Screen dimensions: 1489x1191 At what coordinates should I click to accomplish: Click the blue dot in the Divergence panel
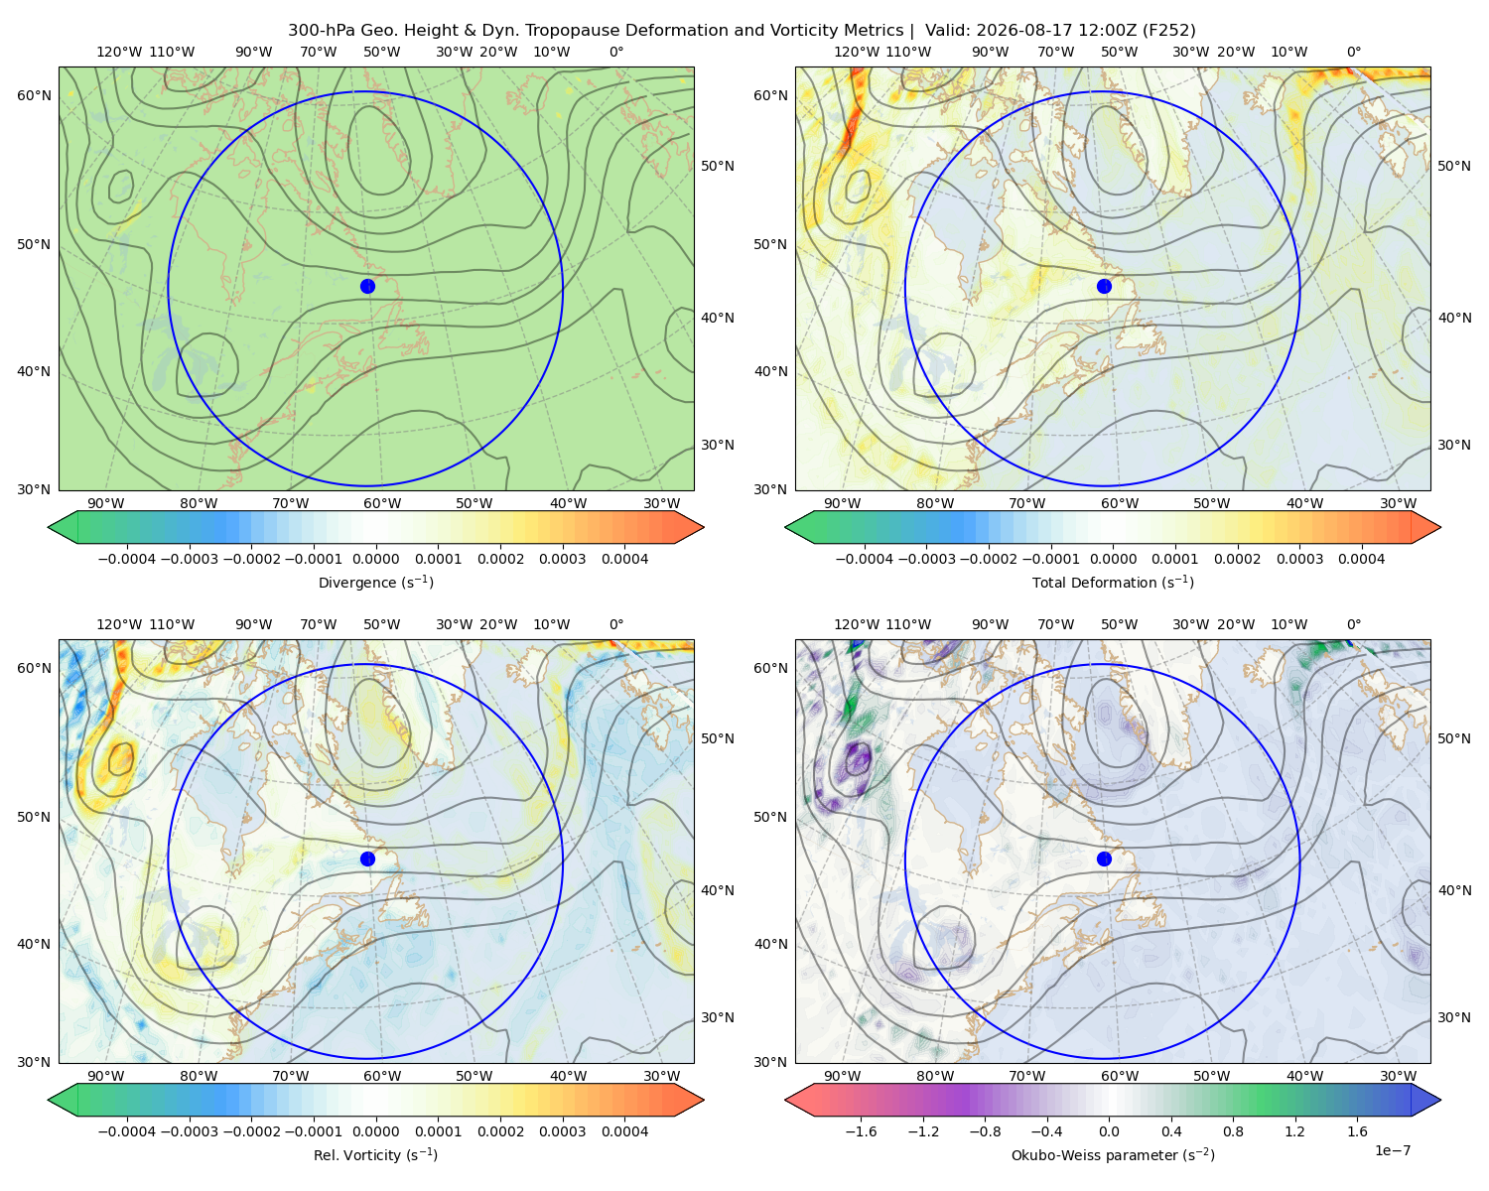pyautogui.click(x=367, y=287)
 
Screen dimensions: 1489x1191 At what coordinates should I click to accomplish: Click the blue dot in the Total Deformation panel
pyautogui.click(x=1104, y=287)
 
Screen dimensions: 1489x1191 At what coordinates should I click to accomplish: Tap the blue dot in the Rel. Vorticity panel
pyautogui.click(x=367, y=859)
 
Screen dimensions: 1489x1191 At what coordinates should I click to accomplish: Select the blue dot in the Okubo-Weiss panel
pyautogui.click(x=1104, y=859)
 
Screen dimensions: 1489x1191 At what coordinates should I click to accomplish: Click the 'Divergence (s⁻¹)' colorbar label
pyautogui.click(x=375, y=583)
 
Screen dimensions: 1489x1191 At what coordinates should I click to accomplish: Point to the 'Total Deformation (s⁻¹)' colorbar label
pyautogui.click(x=1113, y=583)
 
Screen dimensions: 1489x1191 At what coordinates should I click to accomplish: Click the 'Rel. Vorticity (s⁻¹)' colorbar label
pyautogui.click(x=375, y=1155)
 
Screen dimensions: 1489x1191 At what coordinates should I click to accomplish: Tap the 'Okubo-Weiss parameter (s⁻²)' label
pyautogui.click(x=1113, y=1155)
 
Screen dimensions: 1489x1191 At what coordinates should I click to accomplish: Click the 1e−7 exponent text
pyautogui.click(x=1392, y=1151)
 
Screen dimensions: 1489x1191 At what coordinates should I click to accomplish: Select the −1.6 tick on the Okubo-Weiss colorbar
pyautogui.click(x=861, y=1131)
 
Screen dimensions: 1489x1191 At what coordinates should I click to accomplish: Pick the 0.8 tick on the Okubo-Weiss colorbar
pyautogui.click(x=1233, y=1131)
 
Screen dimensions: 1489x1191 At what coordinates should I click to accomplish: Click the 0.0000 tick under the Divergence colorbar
pyautogui.click(x=375, y=559)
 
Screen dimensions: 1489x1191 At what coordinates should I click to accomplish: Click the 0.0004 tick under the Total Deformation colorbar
pyautogui.click(x=1361, y=559)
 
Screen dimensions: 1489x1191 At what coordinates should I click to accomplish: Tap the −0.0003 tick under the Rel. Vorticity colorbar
pyautogui.click(x=189, y=1131)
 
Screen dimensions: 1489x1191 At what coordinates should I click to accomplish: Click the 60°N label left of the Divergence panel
pyautogui.click(x=34, y=95)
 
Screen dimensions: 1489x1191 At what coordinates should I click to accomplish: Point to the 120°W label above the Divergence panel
pyautogui.click(x=119, y=52)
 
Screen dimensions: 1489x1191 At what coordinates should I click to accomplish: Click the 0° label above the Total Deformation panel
pyautogui.click(x=1353, y=52)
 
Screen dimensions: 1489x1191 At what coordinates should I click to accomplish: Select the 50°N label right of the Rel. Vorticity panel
pyautogui.click(x=718, y=738)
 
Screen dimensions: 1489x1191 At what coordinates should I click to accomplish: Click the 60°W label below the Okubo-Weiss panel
pyautogui.click(x=1120, y=1076)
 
